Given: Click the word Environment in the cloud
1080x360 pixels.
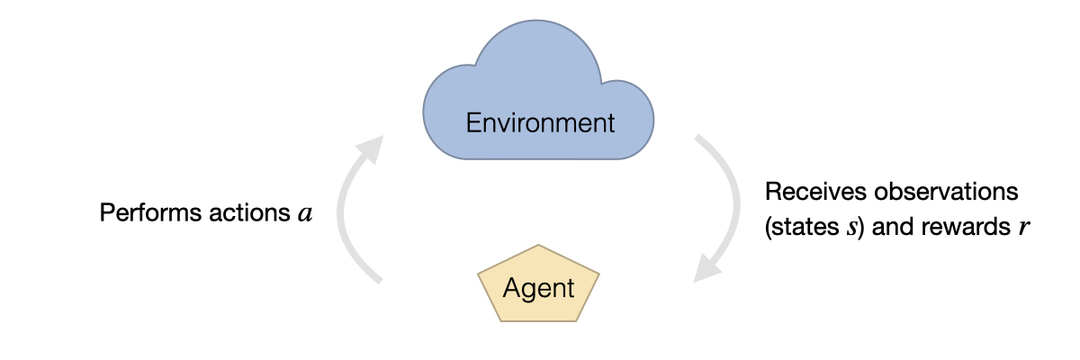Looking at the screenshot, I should click(x=540, y=121).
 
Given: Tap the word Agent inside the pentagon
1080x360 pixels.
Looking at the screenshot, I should click(x=538, y=288).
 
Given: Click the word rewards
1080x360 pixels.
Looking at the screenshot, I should click(x=970, y=227).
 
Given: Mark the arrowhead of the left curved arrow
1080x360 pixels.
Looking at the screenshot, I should click(x=370, y=148).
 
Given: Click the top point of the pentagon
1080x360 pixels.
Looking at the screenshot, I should click(x=538, y=246).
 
